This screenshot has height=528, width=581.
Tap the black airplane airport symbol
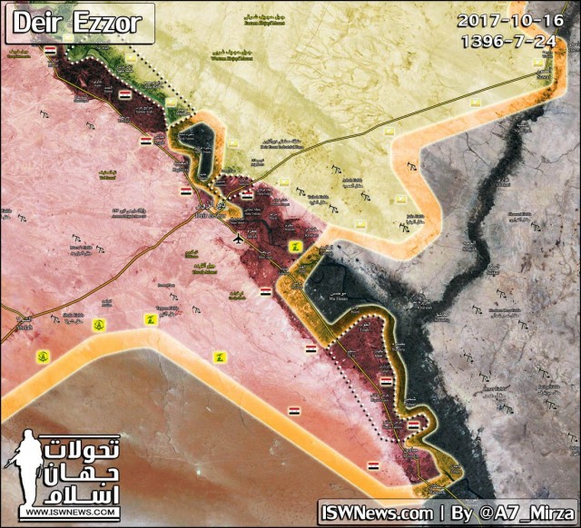238,238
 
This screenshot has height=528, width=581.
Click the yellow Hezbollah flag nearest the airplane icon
292,247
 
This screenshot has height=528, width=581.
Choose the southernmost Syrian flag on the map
372,465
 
